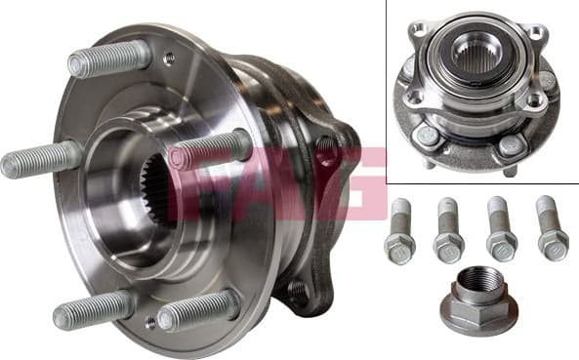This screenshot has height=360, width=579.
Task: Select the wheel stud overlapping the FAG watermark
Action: pyautogui.click(x=211, y=148)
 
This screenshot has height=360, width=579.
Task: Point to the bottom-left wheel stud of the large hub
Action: pyautogui.click(x=93, y=310)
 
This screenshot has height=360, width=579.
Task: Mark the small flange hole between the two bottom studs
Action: pyautogui.click(x=149, y=321)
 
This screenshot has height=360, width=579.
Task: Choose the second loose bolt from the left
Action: pyautogui.click(x=448, y=232)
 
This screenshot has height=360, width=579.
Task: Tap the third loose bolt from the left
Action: pyautogui.click(x=501, y=231)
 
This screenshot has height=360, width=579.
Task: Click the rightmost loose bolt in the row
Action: pyautogui.click(x=552, y=229)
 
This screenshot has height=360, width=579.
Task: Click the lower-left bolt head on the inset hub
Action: pyautogui.click(x=429, y=137)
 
